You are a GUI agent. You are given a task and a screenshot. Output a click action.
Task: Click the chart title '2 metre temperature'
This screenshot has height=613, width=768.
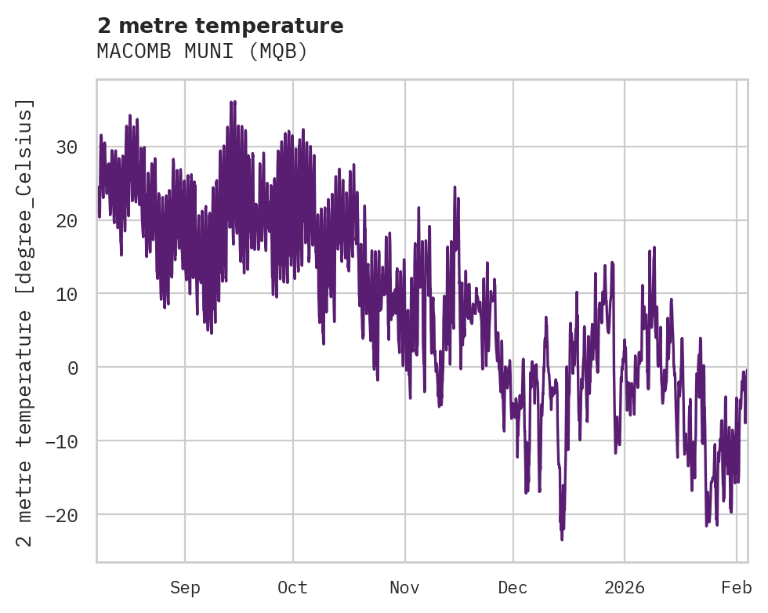pyautogui.click(x=220, y=26)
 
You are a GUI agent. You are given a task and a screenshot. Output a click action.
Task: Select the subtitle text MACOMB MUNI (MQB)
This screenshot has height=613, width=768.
pyautogui.click(x=202, y=52)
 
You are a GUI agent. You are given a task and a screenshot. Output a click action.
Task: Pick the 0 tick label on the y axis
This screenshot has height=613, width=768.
pyautogui.click(x=73, y=368)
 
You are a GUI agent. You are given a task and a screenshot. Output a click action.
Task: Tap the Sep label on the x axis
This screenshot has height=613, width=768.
pyautogui.click(x=185, y=588)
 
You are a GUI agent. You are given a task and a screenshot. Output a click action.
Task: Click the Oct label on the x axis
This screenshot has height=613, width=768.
pyautogui.click(x=292, y=588)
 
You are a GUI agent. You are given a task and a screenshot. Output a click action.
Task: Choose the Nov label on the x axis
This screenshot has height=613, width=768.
pyautogui.click(x=405, y=588)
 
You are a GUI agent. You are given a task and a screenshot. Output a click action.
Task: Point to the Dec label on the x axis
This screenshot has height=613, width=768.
pyautogui.click(x=513, y=588)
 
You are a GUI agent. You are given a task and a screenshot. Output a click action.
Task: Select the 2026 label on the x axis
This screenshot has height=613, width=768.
pyautogui.click(x=625, y=588)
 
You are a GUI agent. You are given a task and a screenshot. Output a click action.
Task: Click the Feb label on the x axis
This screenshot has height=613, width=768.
pyautogui.click(x=737, y=588)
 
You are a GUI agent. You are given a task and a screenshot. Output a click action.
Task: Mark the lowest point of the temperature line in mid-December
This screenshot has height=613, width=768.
pyautogui.click(x=562, y=539)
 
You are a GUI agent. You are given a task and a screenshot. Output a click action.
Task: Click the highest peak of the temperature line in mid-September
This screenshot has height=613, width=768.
pyautogui.click(x=233, y=101)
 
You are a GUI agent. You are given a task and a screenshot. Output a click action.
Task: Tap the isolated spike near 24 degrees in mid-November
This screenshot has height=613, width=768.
pyautogui.click(x=455, y=187)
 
